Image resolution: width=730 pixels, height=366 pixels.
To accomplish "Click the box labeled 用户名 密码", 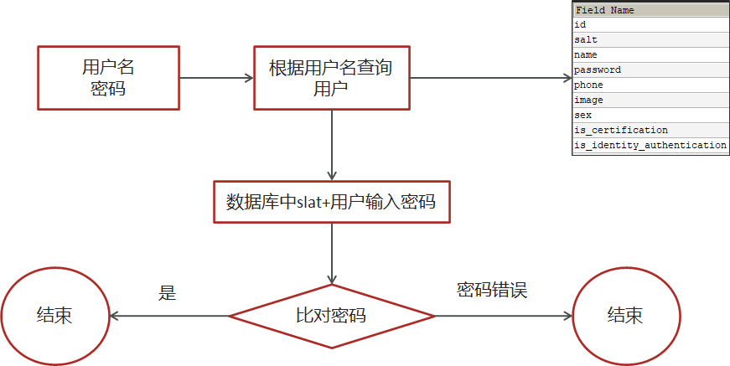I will tap(108, 78).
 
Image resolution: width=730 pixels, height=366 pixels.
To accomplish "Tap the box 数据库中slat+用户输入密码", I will tap(331, 202).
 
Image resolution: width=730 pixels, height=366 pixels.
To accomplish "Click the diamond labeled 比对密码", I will tap(331, 316).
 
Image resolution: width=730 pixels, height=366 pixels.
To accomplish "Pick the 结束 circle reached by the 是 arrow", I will tap(54, 316).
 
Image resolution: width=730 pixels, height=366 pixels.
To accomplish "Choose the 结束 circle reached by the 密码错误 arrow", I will tap(625, 316).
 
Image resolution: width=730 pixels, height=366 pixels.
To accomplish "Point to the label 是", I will tap(168, 292).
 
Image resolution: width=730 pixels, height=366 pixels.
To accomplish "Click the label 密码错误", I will tap(492, 290).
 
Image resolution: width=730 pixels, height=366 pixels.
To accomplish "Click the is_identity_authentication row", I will tap(650, 146).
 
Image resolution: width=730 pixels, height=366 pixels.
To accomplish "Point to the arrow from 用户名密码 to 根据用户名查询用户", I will tap(216, 78).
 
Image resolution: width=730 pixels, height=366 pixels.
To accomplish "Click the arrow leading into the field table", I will tap(489, 78).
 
